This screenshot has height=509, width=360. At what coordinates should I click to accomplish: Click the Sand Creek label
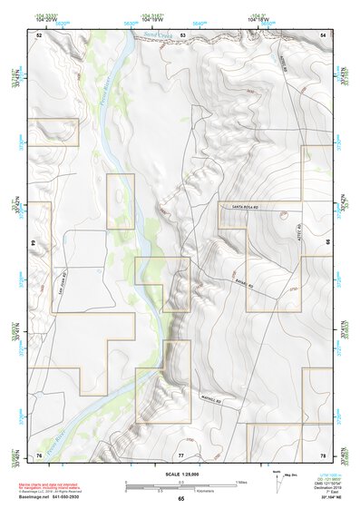pos(157,34)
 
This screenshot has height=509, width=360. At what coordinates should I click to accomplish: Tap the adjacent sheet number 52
pos(39,34)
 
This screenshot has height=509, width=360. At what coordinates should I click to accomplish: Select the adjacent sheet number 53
pos(182,34)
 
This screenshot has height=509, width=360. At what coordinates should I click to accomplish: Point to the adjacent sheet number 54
pos(322,34)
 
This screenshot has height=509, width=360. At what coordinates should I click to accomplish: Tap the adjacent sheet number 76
pos(39,454)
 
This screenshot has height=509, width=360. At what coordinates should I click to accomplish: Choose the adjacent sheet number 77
pos(181,454)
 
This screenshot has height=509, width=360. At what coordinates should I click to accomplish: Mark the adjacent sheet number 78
pos(322,454)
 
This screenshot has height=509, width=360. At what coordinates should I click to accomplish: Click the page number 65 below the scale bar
pos(181,500)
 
